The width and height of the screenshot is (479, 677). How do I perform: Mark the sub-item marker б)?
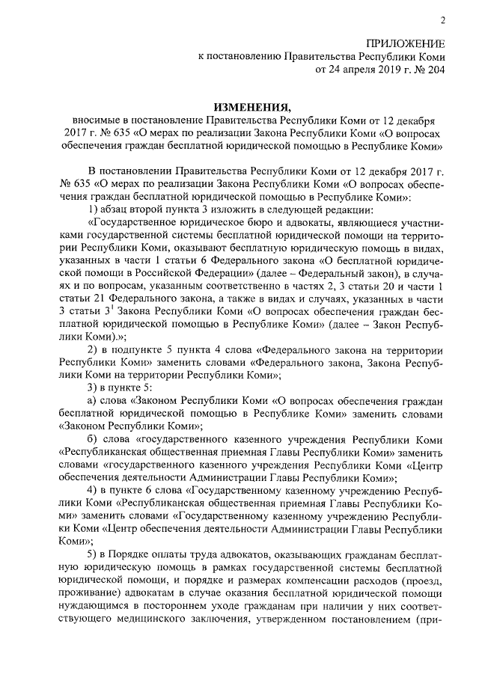(94, 438)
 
